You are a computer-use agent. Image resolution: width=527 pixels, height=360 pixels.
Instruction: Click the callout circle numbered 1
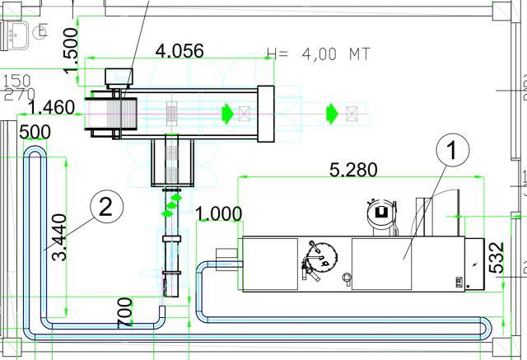pyautogui.click(x=450, y=151)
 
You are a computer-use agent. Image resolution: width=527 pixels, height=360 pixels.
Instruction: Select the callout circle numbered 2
pyautogui.click(x=105, y=206)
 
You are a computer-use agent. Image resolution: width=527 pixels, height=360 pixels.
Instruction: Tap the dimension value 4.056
pyautogui.click(x=180, y=50)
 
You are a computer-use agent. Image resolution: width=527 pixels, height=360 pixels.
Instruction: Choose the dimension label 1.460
pyautogui.click(x=51, y=107)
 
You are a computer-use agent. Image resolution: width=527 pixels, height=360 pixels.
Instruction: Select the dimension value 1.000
pyautogui.click(x=219, y=213)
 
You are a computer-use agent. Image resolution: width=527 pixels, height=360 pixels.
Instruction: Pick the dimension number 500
pyautogui.click(x=35, y=132)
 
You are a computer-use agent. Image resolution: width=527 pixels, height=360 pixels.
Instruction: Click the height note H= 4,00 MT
pyautogui.click(x=319, y=54)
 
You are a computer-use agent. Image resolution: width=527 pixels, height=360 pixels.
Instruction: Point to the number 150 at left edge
pyautogui.click(x=17, y=81)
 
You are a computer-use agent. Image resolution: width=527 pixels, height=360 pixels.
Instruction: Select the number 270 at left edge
pyautogui.click(x=19, y=94)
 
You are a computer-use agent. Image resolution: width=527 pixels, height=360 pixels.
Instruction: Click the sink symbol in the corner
pyautogui.click(x=17, y=32)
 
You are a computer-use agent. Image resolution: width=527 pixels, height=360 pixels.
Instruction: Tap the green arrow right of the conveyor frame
pyautogui.click(x=332, y=112)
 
